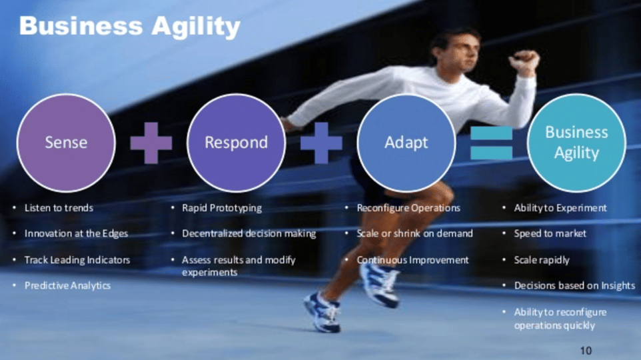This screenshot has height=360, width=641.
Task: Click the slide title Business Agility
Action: pyautogui.click(x=129, y=27)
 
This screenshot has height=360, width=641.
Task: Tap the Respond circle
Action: pyautogui.click(x=236, y=143)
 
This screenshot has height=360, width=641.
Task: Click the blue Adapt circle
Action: pyautogui.click(x=406, y=143)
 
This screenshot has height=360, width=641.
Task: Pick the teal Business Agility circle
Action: pyautogui.click(x=576, y=142)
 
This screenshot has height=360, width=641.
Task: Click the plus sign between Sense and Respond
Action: pyautogui.click(x=151, y=143)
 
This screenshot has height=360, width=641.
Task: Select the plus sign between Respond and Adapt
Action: pyautogui.click(x=321, y=143)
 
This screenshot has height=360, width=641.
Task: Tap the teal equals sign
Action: pyautogui.click(x=491, y=143)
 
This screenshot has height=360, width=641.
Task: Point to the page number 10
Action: pyautogui.click(x=586, y=350)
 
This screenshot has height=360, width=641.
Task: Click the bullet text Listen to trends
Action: pyautogui.click(x=59, y=208)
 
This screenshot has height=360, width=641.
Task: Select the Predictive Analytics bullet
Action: pyautogui.click(x=67, y=285)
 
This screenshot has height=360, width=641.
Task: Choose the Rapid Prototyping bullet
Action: pyautogui.click(x=221, y=208)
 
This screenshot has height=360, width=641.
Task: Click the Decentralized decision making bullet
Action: pyautogui.click(x=249, y=234)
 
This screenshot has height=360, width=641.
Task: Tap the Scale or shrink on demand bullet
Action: pyautogui.click(x=414, y=234)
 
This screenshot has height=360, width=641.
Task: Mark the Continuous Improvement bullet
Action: pyautogui.click(x=412, y=260)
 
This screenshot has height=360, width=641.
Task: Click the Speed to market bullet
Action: pyautogui.click(x=550, y=234)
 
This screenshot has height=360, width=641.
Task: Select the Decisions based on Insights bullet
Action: pyautogui.click(x=574, y=286)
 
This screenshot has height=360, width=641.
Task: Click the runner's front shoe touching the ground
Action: pyautogui.click(x=322, y=313)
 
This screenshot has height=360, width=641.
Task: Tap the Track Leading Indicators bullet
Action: pyautogui.click(x=77, y=260)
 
